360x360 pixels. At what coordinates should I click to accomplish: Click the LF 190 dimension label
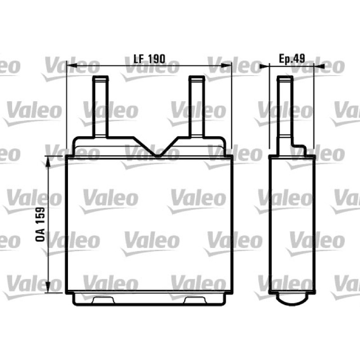tap(149, 59)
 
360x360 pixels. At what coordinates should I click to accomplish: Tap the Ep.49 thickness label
tap(292, 58)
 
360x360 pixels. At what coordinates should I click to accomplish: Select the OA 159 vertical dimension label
tap(40, 224)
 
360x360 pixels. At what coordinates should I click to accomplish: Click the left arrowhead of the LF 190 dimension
tap(72, 66)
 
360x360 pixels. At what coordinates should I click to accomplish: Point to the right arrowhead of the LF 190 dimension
tap(227, 66)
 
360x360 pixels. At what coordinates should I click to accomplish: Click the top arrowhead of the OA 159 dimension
tap(48, 161)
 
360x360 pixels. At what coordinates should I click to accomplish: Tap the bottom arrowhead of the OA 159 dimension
tap(48, 288)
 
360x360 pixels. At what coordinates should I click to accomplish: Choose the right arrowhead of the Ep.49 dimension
tap(319, 66)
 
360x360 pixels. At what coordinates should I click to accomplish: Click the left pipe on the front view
tap(100, 107)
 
